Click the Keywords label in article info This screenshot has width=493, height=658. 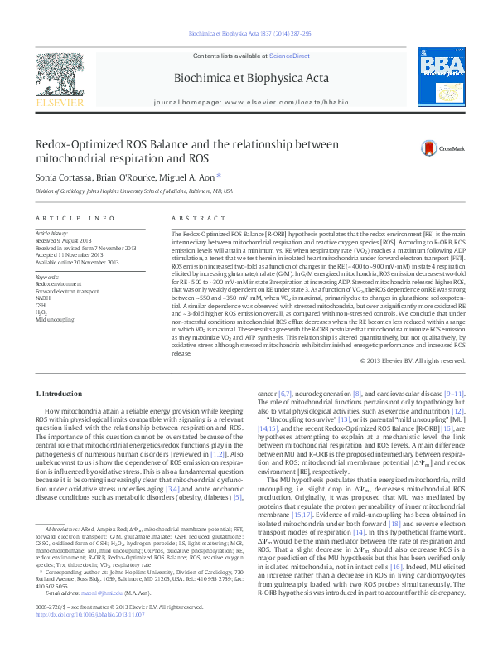[x=47, y=278]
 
